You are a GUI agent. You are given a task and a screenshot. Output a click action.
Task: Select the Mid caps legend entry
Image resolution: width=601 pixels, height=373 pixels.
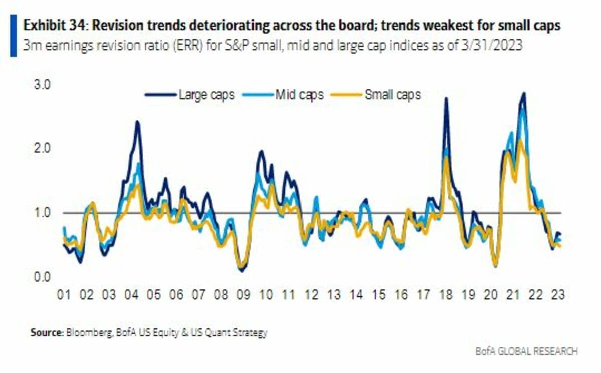pos(299,94)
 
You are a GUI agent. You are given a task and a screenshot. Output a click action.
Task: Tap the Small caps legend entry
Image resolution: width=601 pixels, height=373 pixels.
pos(392,94)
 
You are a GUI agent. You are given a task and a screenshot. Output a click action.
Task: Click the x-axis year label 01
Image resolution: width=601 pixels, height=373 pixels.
pos(63,295)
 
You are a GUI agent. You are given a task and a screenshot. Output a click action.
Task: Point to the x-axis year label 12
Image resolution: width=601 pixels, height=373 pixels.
pos(311,295)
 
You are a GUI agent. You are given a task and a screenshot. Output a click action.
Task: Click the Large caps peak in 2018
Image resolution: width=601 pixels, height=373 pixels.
pos(446,98)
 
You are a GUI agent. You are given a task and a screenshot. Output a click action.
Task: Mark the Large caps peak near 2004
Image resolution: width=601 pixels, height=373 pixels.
pos(137,122)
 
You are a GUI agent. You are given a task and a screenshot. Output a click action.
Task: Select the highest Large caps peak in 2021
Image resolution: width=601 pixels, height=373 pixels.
pos(524,93)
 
